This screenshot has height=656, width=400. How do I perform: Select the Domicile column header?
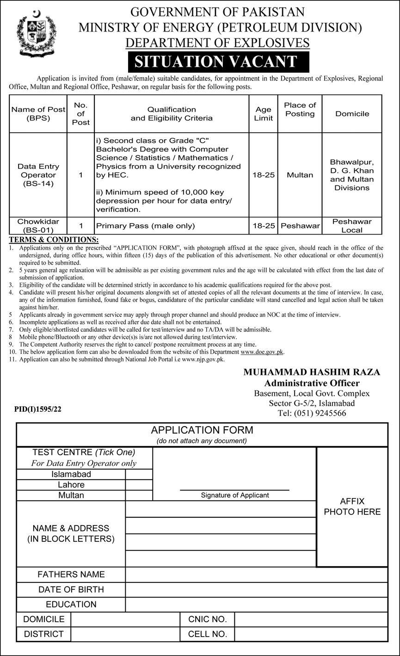[352, 114]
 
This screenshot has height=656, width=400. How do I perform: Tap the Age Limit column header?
[264, 114]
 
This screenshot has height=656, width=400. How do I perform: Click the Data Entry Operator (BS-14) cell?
[38, 175]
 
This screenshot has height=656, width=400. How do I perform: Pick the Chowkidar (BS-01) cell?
[38, 226]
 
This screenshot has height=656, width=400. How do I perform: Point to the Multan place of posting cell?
[300, 175]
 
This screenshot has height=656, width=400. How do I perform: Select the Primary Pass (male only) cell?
[145, 226]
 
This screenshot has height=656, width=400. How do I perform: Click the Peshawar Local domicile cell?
[352, 226]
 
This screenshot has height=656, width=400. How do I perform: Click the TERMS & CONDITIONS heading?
[54, 240]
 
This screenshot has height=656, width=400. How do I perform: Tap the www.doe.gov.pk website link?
[262, 352]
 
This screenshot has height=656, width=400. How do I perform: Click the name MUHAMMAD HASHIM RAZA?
[312, 372]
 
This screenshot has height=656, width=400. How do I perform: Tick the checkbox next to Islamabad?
[139, 474]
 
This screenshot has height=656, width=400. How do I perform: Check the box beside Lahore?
[139, 485]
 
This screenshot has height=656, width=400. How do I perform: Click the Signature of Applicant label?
[235, 495]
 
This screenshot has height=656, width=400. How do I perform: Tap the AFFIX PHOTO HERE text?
[352, 507]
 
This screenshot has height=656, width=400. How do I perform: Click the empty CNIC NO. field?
[311, 619]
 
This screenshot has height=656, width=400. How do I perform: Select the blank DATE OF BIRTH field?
[256, 589]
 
